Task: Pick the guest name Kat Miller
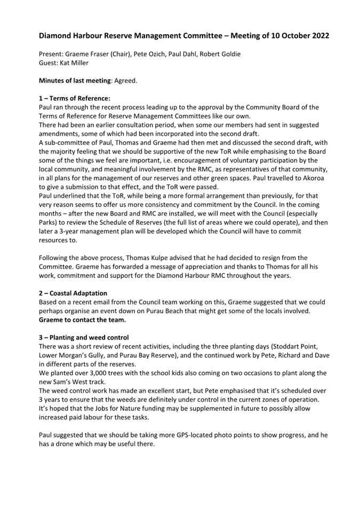[x=77, y=62]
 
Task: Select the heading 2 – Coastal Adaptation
[x=73, y=293]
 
